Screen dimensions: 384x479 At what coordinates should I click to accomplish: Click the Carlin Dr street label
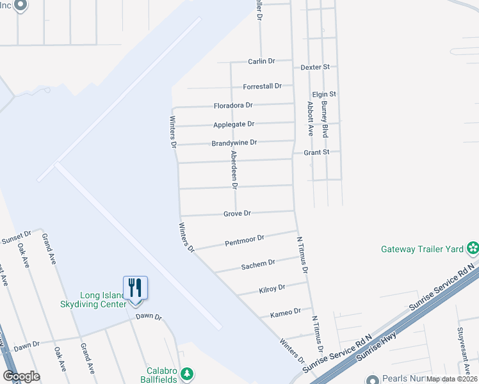point(261,61)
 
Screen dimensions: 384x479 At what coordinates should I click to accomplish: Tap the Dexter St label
point(315,67)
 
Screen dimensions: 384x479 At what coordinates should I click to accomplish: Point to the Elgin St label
point(324,94)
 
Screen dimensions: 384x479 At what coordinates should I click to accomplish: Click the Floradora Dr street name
point(233,105)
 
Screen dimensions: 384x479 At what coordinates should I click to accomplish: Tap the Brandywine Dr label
point(234,143)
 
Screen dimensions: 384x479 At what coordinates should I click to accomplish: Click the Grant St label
point(316,152)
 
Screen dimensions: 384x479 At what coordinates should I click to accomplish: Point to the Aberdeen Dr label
point(234,170)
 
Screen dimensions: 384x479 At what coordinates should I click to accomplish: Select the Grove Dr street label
point(237,213)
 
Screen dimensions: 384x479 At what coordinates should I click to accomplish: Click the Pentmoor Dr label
point(245,240)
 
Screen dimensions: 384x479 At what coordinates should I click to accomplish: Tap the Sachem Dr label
point(258,264)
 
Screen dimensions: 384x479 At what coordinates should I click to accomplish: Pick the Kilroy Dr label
point(272,289)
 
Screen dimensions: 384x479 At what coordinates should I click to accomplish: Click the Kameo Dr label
point(286,312)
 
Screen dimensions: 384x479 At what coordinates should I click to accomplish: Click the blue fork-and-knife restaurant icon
point(135,287)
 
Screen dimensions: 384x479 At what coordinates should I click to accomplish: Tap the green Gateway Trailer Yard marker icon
point(473,248)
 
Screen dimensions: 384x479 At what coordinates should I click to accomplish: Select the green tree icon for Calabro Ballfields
point(186,372)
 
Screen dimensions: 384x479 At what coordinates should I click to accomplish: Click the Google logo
point(21,376)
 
